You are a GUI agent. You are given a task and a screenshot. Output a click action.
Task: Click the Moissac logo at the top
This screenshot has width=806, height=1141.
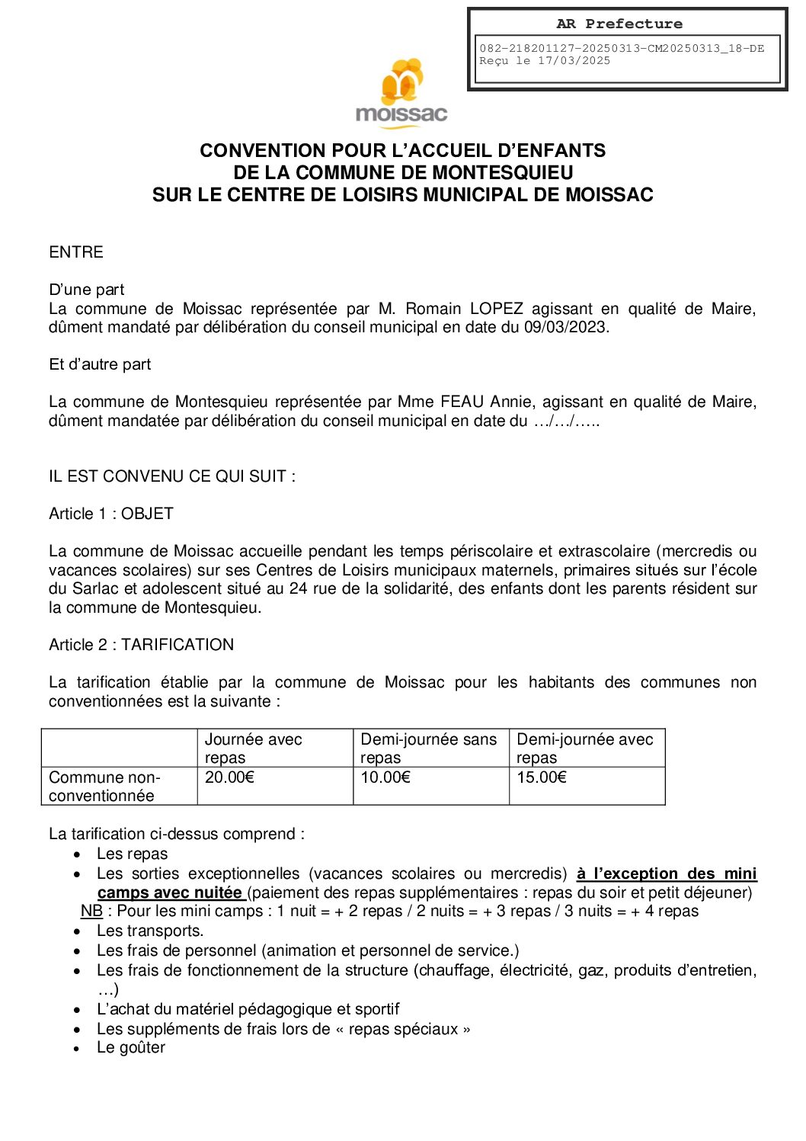[x=401, y=92]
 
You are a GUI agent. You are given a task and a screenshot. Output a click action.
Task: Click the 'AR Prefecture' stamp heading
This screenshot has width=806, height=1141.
[x=619, y=24]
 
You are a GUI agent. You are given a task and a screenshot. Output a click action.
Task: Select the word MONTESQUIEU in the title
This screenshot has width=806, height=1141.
[x=503, y=172]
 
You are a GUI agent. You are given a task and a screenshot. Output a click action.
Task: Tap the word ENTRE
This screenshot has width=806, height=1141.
[x=75, y=252]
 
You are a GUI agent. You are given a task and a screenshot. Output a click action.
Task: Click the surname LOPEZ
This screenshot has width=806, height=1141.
[x=496, y=309]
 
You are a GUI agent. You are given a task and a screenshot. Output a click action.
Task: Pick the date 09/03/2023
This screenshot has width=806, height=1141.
[x=565, y=328]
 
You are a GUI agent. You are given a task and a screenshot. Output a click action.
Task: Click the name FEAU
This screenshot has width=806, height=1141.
[x=463, y=402]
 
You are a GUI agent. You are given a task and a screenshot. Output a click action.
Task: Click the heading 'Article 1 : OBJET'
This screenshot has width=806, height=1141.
[x=111, y=514]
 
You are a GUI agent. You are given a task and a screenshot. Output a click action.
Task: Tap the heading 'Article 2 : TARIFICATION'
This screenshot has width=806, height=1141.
[x=141, y=645]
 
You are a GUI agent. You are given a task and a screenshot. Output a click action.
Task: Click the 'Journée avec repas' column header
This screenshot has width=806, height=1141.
[x=253, y=748]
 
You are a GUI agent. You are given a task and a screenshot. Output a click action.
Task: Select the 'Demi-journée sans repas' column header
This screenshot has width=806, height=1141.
[x=428, y=748]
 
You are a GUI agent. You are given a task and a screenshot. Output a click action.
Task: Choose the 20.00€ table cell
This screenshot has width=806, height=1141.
[x=229, y=777]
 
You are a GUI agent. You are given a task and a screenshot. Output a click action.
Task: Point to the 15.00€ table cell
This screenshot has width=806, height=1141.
[x=542, y=777]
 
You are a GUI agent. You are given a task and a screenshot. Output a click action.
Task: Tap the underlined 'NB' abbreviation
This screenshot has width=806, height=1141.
[x=91, y=911]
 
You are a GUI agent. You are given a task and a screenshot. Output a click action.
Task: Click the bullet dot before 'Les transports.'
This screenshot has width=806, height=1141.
[x=77, y=931]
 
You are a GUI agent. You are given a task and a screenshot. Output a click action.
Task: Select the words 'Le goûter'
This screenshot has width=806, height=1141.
[x=131, y=1048]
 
